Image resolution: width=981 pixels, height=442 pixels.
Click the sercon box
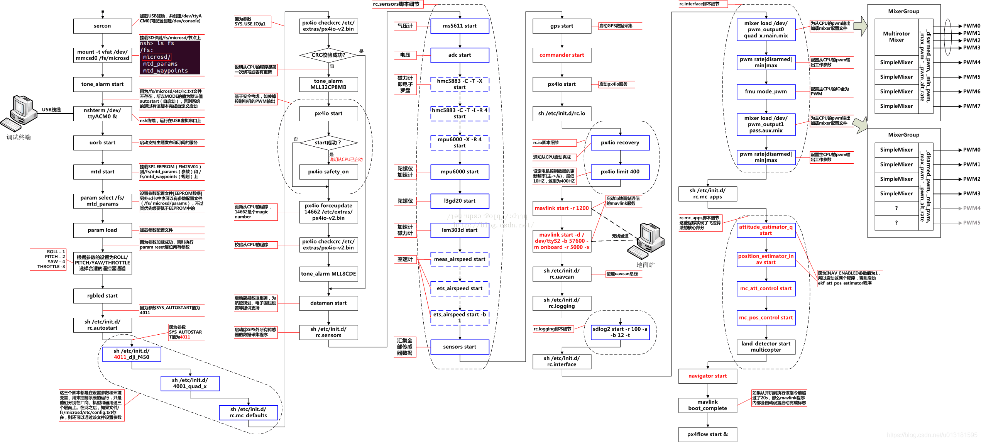[x=102, y=26]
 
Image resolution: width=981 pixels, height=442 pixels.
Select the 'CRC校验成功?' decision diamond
[x=328, y=55]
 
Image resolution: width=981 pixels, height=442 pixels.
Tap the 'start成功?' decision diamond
[x=328, y=142]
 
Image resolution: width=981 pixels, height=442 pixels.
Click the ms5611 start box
[x=459, y=26]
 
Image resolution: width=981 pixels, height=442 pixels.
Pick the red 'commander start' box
[x=562, y=55]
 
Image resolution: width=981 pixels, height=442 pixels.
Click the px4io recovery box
[x=620, y=142]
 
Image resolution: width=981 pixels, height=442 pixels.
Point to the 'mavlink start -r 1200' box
[x=562, y=208]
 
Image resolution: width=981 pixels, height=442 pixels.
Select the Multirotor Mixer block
[x=896, y=37]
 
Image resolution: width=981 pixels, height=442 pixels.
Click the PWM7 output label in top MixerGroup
[x=971, y=106]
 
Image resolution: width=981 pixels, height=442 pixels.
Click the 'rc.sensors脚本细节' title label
[x=396, y=4]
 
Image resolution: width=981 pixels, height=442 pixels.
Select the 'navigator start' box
[x=707, y=376]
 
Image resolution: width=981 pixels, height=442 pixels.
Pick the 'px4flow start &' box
[x=707, y=434]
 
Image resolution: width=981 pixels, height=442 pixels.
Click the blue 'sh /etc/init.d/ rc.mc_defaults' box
[x=248, y=412]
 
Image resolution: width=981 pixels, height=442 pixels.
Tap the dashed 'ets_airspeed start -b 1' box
[x=459, y=317]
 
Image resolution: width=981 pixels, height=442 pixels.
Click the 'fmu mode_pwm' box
[x=766, y=91]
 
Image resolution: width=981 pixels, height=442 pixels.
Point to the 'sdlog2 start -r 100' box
[x=620, y=332]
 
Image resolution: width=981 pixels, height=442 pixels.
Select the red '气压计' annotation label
[x=405, y=26]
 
